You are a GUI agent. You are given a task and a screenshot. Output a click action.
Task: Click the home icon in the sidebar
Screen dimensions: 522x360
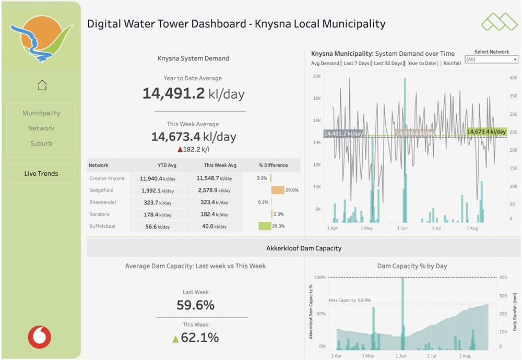tap(42, 85)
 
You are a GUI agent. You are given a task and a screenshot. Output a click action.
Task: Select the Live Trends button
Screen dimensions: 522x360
tap(41, 173)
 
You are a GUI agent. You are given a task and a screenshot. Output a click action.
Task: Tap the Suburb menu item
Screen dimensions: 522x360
tap(41, 143)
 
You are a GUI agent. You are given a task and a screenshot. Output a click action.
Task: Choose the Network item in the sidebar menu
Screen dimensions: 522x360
tap(41, 128)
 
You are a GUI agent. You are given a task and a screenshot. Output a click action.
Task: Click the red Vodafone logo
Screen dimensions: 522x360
tap(40, 337)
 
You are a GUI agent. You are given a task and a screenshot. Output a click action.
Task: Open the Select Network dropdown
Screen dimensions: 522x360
tap(492, 59)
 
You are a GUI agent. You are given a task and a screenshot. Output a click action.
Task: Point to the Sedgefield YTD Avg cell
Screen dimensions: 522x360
tap(158, 190)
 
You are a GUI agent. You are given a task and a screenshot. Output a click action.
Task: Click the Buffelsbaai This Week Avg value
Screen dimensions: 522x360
tap(215, 226)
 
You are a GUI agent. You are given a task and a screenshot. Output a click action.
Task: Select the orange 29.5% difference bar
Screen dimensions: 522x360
tap(278, 190)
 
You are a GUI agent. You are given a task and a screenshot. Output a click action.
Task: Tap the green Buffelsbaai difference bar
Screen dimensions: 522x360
tap(265, 226)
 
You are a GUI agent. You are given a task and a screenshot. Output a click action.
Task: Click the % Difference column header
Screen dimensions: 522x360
tap(274, 165)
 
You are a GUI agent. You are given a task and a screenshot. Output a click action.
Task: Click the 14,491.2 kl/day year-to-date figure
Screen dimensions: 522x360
tap(194, 93)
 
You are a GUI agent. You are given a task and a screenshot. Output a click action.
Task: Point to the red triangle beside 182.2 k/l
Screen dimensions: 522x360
tap(180, 149)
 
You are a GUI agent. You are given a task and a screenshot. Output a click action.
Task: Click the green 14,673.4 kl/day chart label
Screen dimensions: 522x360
tap(487, 132)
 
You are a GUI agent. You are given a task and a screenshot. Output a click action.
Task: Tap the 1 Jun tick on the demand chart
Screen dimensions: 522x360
tap(402, 228)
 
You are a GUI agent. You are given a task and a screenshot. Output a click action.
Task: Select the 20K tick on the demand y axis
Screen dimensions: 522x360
tap(317, 76)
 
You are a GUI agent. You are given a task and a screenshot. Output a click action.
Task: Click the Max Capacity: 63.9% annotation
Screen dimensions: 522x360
tap(350, 300)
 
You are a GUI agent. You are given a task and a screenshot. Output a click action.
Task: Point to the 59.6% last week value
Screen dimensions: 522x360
tap(195, 305)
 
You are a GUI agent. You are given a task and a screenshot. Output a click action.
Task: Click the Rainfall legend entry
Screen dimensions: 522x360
tap(452, 63)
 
